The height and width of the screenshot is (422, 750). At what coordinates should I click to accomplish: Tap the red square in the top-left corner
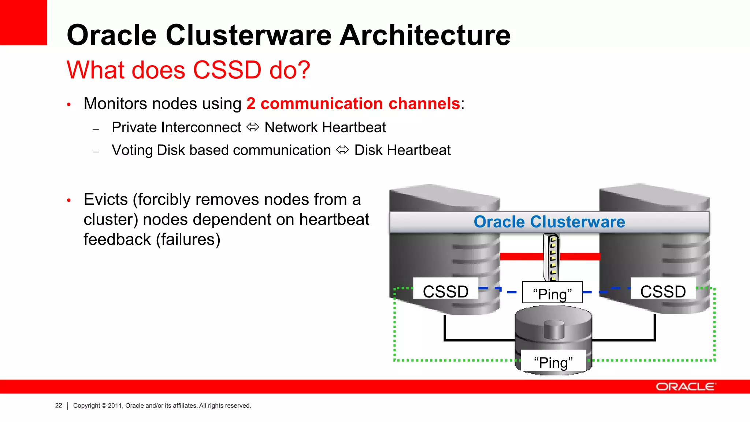23,22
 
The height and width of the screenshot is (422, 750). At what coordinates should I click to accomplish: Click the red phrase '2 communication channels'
353,104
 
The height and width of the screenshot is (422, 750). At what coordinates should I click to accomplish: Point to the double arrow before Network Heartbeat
253,127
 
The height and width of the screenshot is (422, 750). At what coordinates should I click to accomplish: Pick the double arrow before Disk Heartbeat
342,150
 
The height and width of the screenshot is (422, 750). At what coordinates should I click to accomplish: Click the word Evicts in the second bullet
105,200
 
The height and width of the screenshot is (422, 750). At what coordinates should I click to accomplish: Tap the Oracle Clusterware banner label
549,222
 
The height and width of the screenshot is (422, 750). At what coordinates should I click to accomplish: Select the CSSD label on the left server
446,292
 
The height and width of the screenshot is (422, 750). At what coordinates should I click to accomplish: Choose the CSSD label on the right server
663,292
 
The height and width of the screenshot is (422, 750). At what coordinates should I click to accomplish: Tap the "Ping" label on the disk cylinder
553,362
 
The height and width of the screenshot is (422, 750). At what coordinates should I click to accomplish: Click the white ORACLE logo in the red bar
686,387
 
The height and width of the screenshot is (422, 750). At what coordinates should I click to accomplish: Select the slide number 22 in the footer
59,406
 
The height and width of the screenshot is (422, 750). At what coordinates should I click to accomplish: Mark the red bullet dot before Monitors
69,105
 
